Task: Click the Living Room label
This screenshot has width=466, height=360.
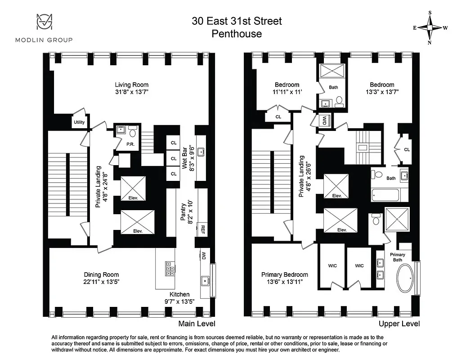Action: point(131,85)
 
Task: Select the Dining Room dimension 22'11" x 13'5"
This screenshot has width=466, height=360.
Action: point(101,282)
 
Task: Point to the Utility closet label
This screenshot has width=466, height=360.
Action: point(79,122)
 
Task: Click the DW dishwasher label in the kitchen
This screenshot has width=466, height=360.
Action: point(203,256)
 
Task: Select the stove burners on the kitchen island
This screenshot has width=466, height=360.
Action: point(170,268)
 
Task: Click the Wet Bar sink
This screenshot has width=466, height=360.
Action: point(202,151)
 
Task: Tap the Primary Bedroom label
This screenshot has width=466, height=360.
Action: point(285,274)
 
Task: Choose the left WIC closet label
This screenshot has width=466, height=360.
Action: point(332,266)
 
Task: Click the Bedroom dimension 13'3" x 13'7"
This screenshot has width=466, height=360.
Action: point(382,91)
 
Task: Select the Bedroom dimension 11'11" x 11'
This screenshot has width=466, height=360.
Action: point(287,91)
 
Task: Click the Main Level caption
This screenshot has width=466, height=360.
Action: point(197,324)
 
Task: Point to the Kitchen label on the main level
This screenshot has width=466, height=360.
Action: point(180,294)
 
